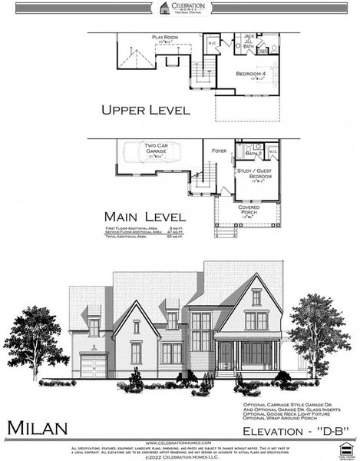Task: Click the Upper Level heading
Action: pyautogui.click(x=145, y=110)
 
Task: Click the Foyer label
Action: pyautogui.click(x=220, y=151)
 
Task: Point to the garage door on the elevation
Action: pyautogui.click(x=92, y=366)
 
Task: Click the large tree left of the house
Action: pyautogui.click(x=36, y=338)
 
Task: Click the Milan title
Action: pyautogui.click(x=38, y=426)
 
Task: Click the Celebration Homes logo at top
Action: pyautogui.click(x=180, y=8)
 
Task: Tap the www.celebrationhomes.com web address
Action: pyautogui.click(x=180, y=442)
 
